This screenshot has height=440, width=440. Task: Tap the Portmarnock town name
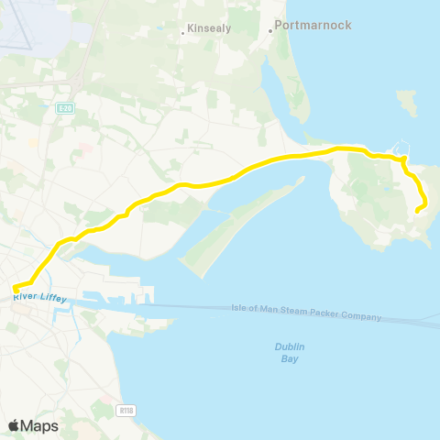point(313,25)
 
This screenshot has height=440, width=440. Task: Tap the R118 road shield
point(126,411)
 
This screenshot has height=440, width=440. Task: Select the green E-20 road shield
point(63,108)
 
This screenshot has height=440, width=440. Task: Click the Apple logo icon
point(15,425)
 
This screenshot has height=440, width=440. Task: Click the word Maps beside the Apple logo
point(39,425)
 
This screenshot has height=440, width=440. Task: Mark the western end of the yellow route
point(16,290)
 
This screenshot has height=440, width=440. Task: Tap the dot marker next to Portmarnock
point(270,30)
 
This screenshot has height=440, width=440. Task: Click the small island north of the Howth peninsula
point(407,103)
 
